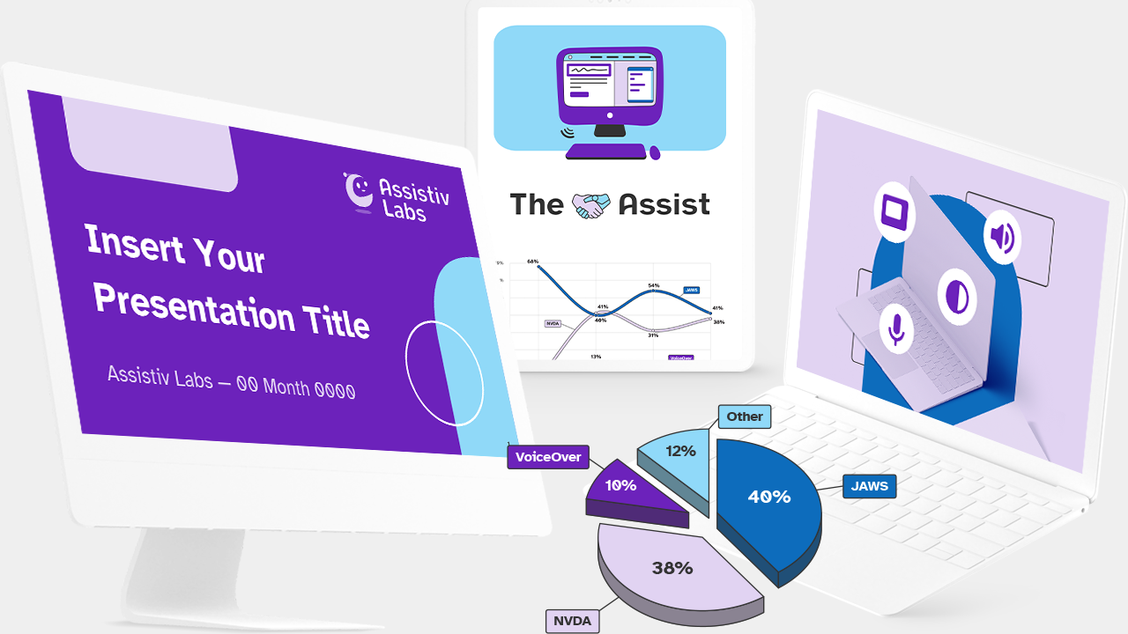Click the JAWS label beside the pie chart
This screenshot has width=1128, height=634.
click(x=869, y=486)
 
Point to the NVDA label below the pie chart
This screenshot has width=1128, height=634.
click(x=571, y=622)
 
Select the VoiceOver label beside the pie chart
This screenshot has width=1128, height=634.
click(x=548, y=457)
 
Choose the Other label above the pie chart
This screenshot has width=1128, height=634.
click(x=745, y=417)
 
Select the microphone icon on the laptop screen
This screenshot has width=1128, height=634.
click(x=896, y=328)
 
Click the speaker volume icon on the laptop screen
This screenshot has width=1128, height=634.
click(x=1002, y=238)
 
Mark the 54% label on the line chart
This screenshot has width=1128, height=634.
click(x=654, y=286)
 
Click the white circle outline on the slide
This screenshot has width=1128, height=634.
click(x=444, y=373)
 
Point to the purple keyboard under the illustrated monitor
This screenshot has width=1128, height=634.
click(x=605, y=152)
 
